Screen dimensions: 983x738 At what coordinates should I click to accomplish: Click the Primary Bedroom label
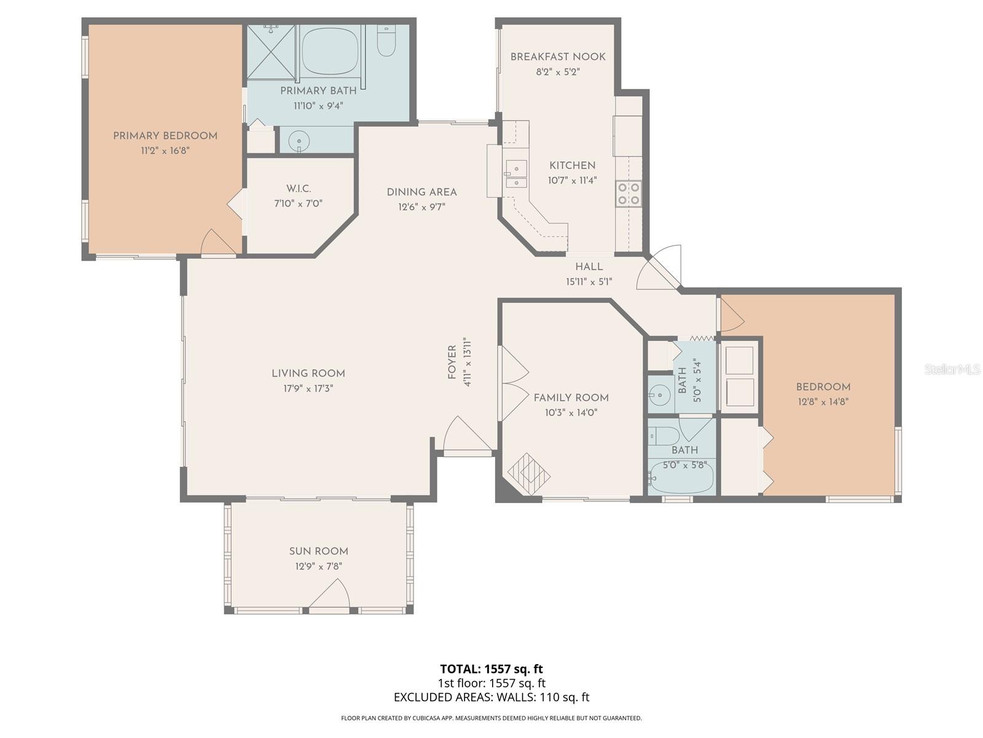(x=165, y=136)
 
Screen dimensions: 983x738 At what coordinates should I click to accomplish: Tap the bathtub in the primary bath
(x=331, y=51)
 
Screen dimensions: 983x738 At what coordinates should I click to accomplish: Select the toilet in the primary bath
(x=386, y=41)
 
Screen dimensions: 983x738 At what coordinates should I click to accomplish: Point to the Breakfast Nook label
(x=558, y=57)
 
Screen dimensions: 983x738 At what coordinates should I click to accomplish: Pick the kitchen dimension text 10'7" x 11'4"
(x=572, y=181)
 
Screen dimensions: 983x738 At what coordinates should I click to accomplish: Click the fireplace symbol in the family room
(x=529, y=474)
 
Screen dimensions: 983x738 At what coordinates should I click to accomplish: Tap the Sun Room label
(x=318, y=551)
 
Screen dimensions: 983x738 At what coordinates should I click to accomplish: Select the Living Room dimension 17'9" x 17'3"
(x=308, y=389)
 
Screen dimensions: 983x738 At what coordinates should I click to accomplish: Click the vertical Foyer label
(x=452, y=362)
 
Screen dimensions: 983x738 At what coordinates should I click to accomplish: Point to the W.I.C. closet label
(x=298, y=189)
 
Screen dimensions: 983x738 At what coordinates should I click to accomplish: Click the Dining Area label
(x=421, y=192)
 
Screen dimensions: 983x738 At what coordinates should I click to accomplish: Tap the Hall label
(x=589, y=267)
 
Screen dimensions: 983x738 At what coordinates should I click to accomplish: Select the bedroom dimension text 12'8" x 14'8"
(x=823, y=402)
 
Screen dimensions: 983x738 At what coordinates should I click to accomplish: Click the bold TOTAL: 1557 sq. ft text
(x=491, y=669)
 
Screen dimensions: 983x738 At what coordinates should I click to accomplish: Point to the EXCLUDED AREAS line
(x=491, y=697)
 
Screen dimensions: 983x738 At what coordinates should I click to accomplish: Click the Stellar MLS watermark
(x=951, y=369)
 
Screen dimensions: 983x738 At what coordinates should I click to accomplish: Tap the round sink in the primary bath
(x=299, y=142)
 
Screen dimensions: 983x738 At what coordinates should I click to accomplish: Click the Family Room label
(x=571, y=398)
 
